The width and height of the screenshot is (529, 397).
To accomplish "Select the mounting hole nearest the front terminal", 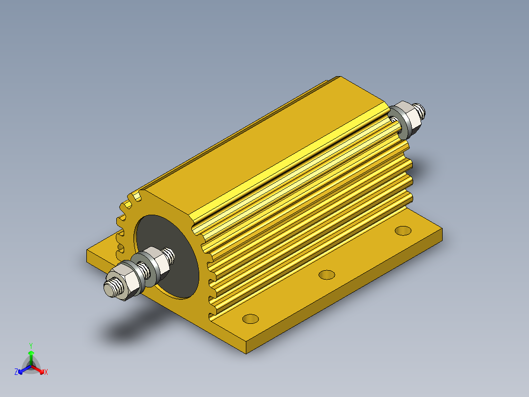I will pos(251,318).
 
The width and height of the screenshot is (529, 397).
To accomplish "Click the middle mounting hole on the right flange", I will pos(326,274).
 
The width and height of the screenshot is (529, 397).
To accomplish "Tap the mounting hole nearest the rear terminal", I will pos(403,230).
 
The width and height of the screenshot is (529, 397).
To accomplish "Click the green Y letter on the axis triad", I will pos(30,345).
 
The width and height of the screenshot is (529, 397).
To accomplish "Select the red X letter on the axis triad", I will pos(46,372).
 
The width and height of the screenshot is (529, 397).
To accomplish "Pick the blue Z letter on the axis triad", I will pos(16,372).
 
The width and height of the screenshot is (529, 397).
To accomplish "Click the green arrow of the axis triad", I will pos(31,356).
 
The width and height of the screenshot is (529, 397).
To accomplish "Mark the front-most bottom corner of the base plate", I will pos(245,352).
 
